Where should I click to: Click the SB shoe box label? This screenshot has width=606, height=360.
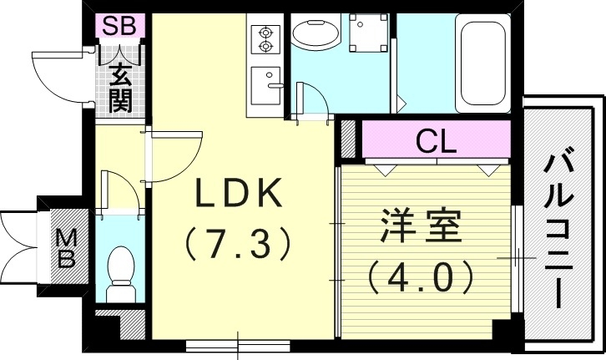(119, 26)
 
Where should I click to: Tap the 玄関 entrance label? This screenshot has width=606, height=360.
(120, 89)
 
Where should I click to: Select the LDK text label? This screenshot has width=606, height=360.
(238, 195)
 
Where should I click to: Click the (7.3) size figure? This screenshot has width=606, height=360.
(238, 243)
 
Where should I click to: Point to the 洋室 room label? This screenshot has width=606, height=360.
(422, 226)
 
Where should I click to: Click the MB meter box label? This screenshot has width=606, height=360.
(65, 248)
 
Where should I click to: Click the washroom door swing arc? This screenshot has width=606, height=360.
(311, 98)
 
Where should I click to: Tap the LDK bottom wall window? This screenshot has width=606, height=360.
(240, 342)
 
